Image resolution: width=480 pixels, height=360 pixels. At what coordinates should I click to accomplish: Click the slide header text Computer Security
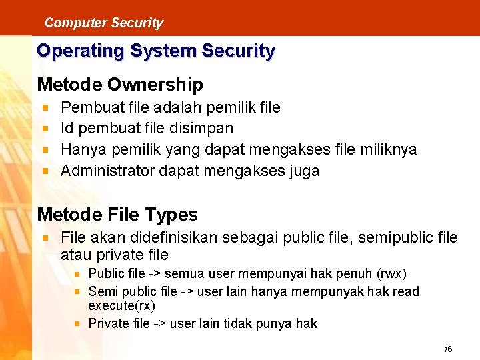[103, 23]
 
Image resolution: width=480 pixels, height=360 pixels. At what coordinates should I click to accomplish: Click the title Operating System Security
[156, 51]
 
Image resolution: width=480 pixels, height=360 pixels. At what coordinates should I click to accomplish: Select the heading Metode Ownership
[120, 85]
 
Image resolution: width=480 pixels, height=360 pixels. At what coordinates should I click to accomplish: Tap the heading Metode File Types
[117, 215]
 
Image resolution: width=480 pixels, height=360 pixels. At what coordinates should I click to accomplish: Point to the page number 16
[448, 349]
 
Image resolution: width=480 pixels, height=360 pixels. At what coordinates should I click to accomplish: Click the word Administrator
[107, 171]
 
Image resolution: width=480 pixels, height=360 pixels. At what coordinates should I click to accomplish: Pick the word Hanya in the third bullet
[83, 149]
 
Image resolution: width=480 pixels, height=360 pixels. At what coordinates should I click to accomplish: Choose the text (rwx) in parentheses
[392, 274]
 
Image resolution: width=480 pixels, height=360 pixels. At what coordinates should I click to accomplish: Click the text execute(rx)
[121, 306]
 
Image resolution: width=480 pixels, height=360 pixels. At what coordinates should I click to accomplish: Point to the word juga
[305, 171]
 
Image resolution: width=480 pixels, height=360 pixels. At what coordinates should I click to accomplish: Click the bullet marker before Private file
[78, 323]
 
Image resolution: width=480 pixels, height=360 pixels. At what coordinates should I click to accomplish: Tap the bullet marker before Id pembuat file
[45, 128]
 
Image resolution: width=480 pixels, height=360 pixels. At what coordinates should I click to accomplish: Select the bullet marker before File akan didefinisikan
[45, 237]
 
